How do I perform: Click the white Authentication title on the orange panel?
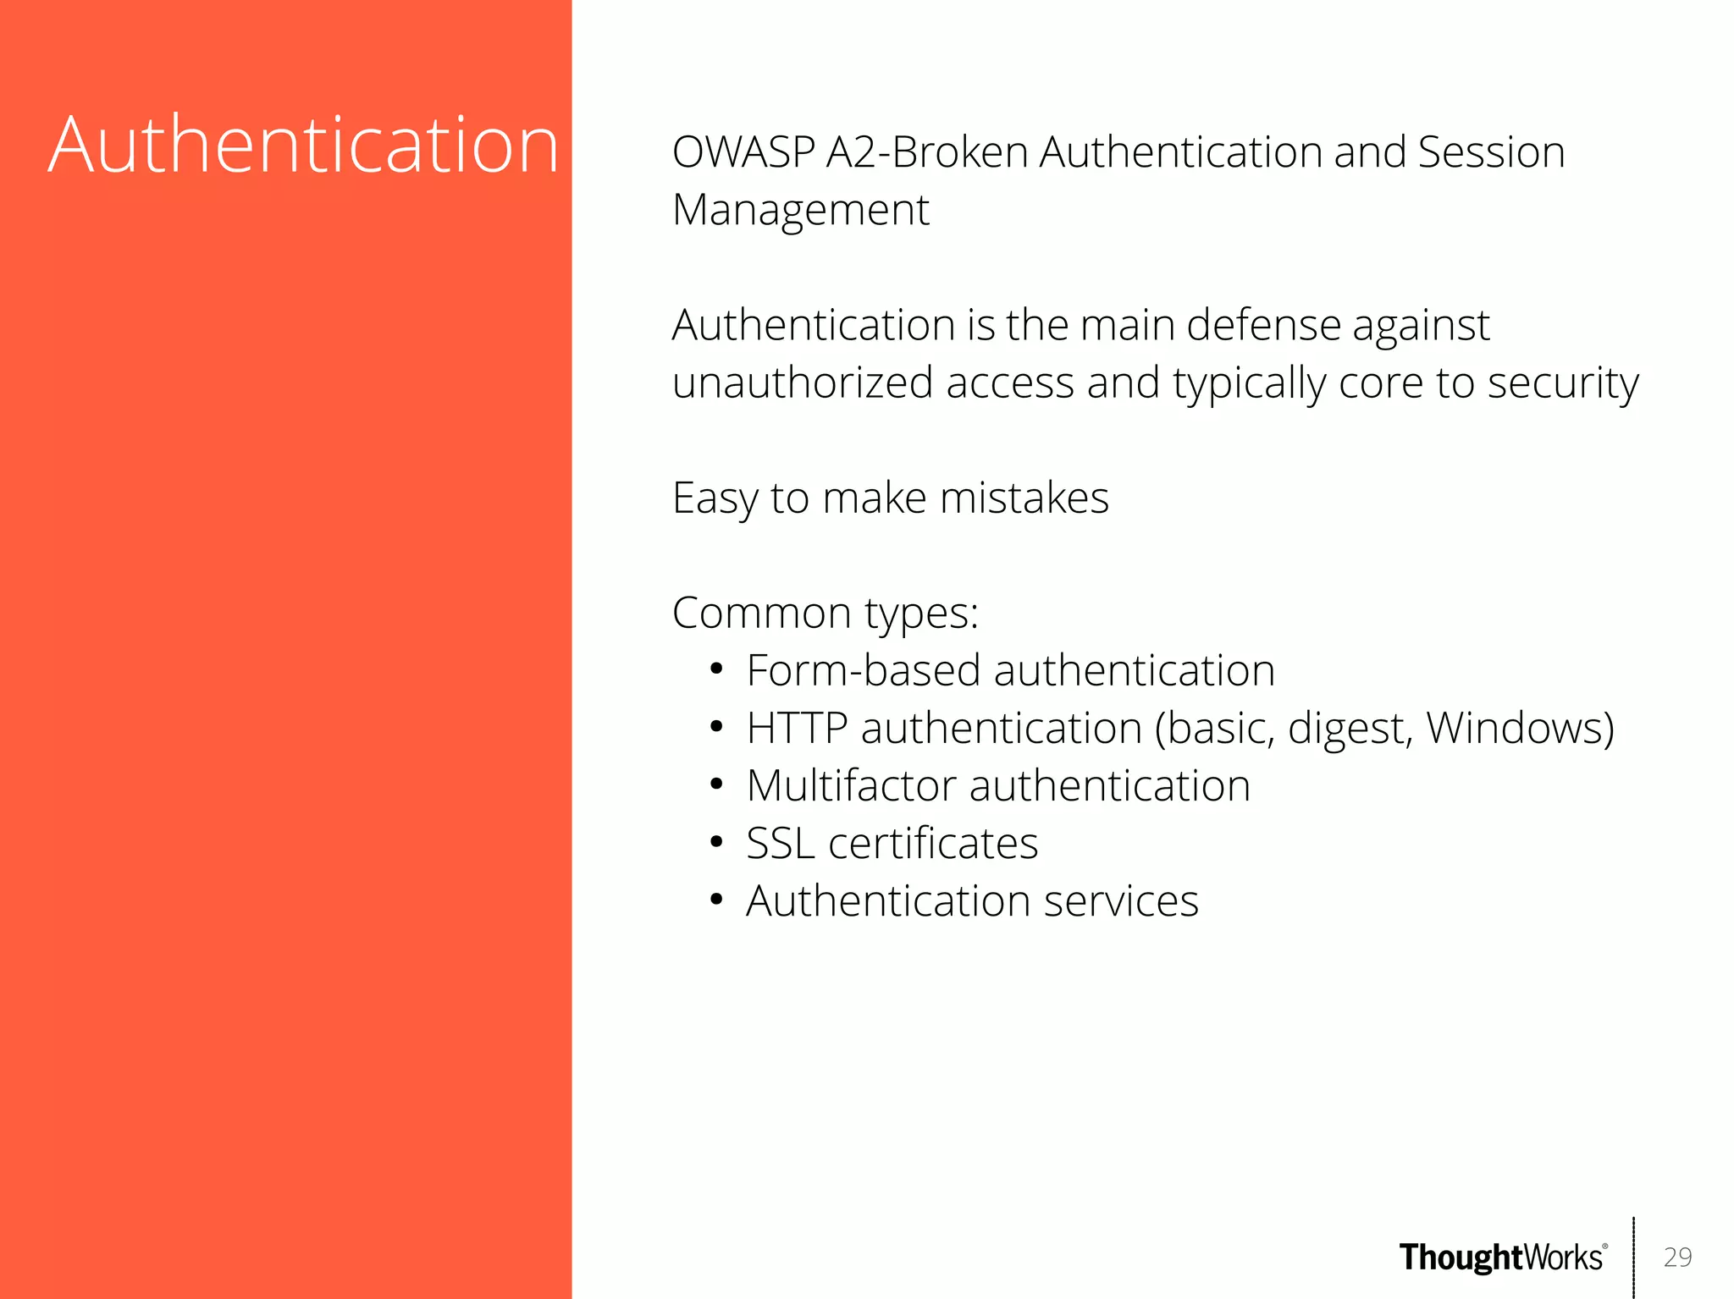[x=303, y=146]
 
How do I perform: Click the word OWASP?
[x=743, y=153]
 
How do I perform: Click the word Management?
[x=800, y=211]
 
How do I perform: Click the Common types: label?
[x=825, y=614]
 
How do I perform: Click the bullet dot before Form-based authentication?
[x=716, y=670]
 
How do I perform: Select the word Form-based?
[x=863, y=671]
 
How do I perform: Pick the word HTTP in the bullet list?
[x=797, y=729]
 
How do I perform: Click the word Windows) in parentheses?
[x=1520, y=729]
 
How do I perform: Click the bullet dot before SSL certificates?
[x=716, y=843]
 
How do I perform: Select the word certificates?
[x=932, y=844]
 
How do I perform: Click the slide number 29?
[x=1677, y=1257]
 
